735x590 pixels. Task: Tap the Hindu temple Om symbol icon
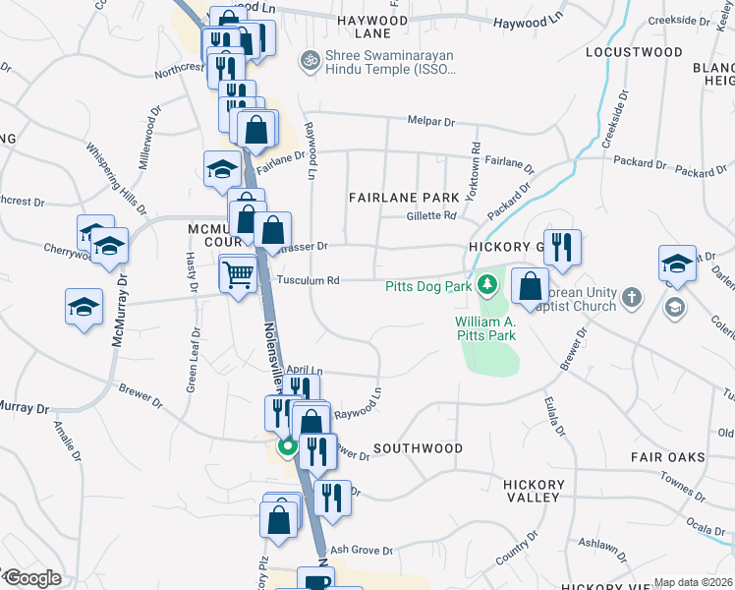(311, 61)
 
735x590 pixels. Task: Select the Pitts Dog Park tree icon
(485, 286)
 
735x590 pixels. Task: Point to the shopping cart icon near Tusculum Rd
(238, 274)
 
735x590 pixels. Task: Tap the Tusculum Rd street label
(308, 280)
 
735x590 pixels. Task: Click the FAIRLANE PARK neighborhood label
(404, 198)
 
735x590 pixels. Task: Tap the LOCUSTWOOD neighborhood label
(633, 51)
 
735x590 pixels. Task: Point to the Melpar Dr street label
(432, 122)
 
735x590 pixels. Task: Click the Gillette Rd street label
(432, 215)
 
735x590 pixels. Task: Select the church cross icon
(631, 295)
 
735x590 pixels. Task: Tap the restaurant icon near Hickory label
(562, 247)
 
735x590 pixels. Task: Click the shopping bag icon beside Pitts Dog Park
(530, 288)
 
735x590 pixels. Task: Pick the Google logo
(32, 578)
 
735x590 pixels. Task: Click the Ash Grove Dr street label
(362, 551)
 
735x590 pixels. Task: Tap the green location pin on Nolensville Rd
(288, 447)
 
